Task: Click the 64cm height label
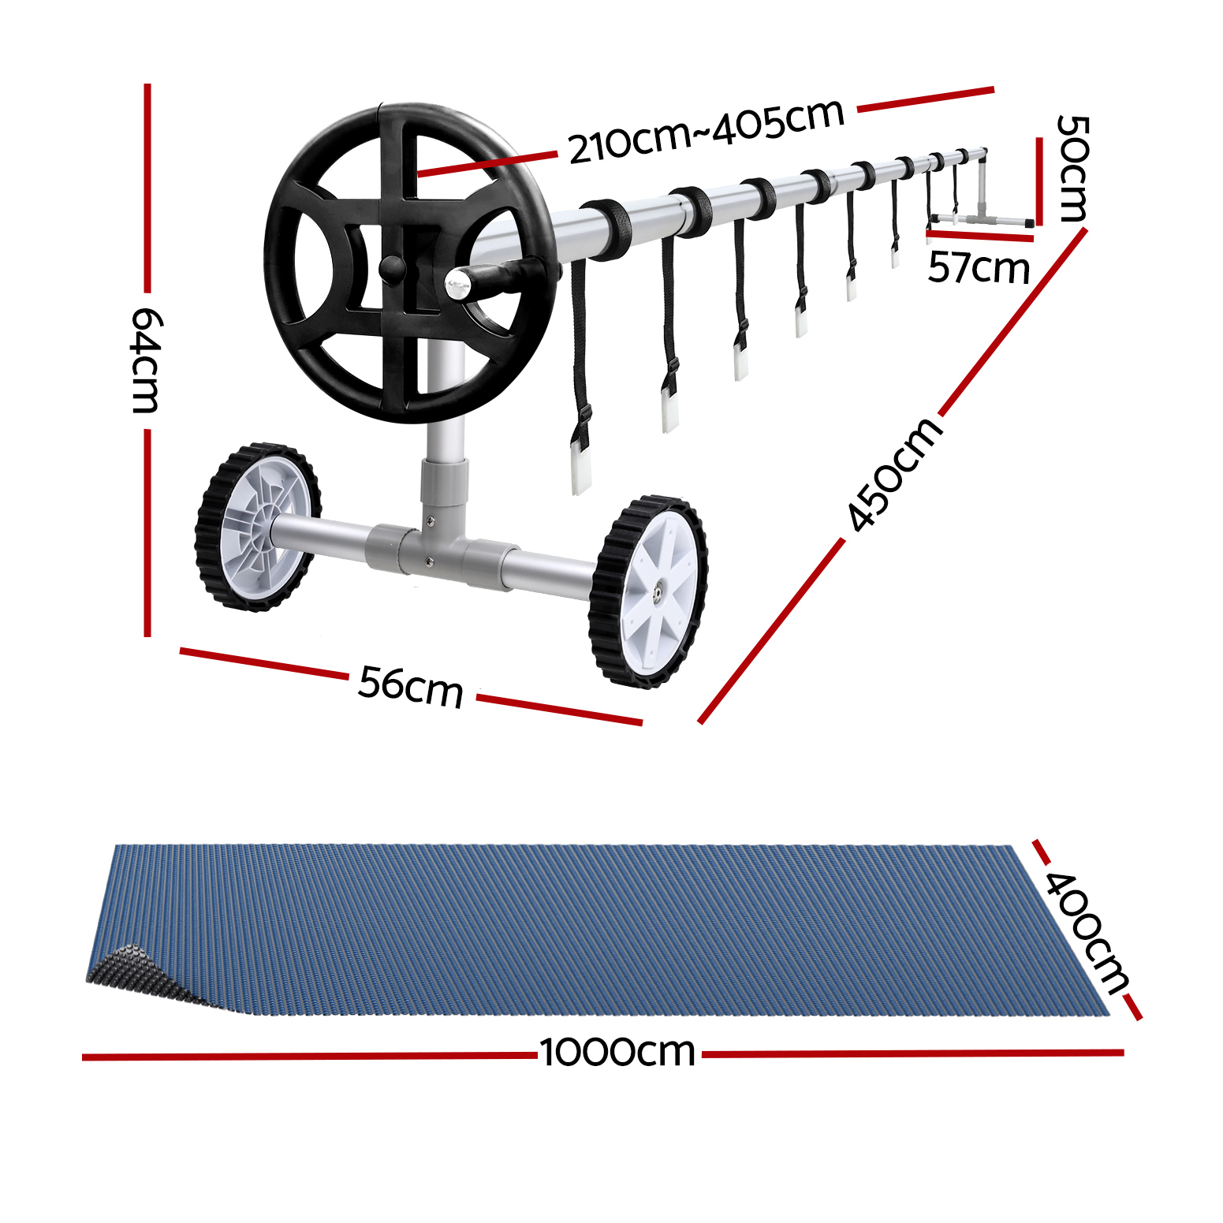coord(147,360)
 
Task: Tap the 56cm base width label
coord(410,686)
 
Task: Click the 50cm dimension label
coord(1072,168)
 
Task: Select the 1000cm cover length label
coord(617,1053)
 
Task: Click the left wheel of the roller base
coord(258,527)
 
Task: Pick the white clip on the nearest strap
coord(581,470)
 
